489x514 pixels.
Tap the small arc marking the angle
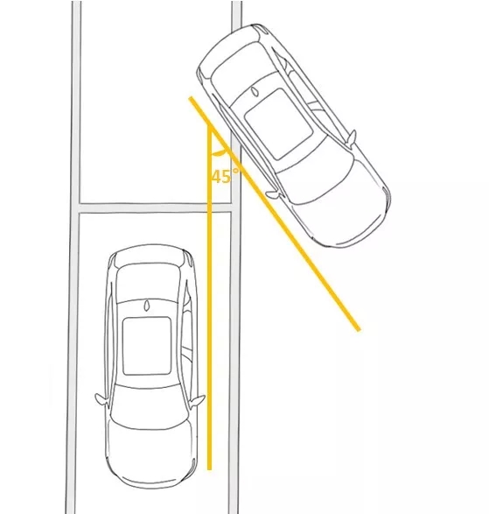(219, 152)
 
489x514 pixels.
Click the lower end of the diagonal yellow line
(359, 329)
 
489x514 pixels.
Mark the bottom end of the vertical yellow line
(210, 468)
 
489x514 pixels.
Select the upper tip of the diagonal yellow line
(191, 98)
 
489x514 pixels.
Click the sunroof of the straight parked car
(147, 346)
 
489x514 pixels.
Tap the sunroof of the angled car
(278, 124)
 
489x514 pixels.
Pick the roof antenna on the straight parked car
(146, 306)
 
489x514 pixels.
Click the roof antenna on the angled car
(255, 91)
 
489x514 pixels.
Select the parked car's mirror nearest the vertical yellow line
(197, 400)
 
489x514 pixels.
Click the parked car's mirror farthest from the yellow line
(101, 399)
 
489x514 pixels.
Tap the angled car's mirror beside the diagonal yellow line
(273, 194)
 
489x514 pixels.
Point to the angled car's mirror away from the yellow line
(352, 138)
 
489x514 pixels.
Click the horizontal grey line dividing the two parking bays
(156, 208)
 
